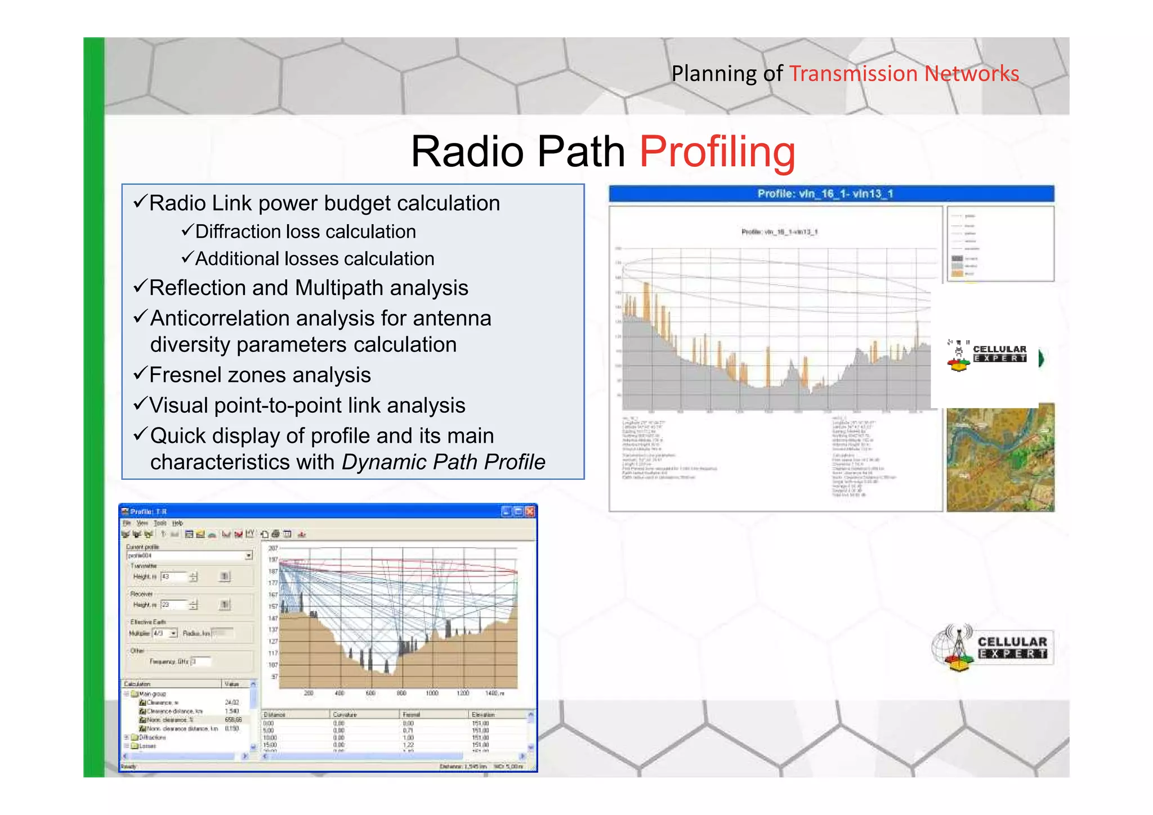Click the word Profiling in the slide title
(x=717, y=152)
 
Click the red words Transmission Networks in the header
(x=904, y=74)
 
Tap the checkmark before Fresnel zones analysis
(x=141, y=373)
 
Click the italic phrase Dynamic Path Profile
(x=443, y=462)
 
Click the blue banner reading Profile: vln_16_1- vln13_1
(x=831, y=194)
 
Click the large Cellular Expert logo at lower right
(x=993, y=648)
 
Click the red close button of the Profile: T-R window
(x=530, y=511)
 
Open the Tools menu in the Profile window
(x=160, y=523)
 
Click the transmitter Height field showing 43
(x=173, y=577)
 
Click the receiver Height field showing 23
(x=173, y=605)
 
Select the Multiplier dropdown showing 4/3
(x=166, y=634)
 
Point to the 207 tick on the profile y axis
(x=273, y=548)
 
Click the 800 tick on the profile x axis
(x=401, y=693)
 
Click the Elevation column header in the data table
(x=483, y=715)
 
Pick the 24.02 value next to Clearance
(x=232, y=702)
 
